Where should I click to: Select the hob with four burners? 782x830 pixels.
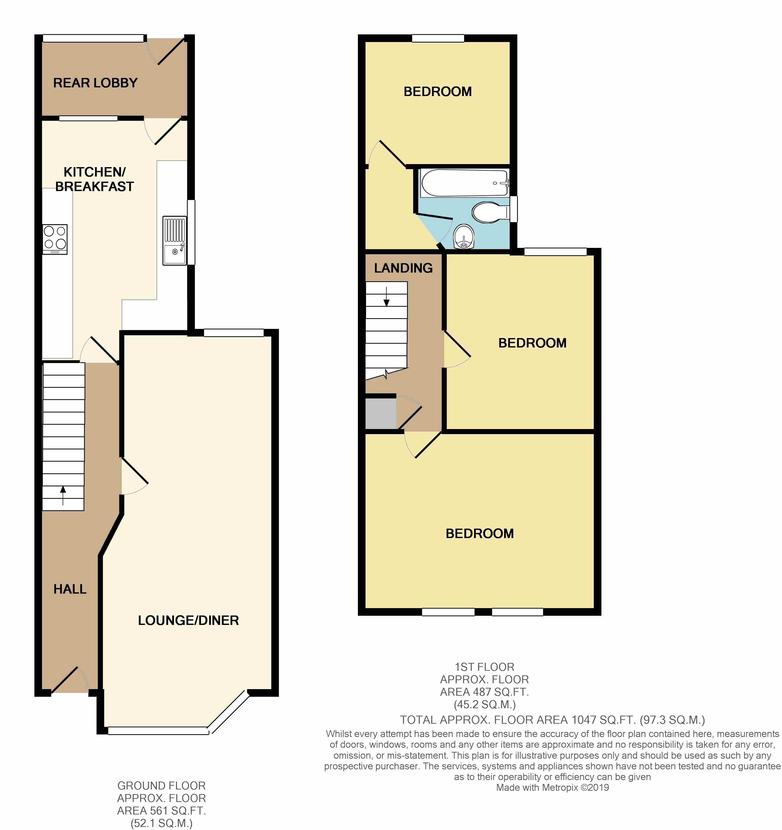pyautogui.click(x=55, y=239)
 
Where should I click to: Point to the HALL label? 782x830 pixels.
pyautogui.click(x=70, y=589)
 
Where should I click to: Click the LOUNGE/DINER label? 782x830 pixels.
pyautogui.click(x=188, y=620)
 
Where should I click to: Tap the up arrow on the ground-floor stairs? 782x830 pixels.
pyautogui.click(x=63, y=496)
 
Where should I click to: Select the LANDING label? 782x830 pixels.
pyautogui.click(x=403, y=268)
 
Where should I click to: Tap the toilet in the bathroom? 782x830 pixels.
pyautogui.click(x=491, y=212)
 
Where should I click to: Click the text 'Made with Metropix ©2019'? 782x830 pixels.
pyautogui.click(x=552, y=787)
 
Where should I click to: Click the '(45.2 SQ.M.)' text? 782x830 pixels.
pyautogui.click(x=485, y=705)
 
